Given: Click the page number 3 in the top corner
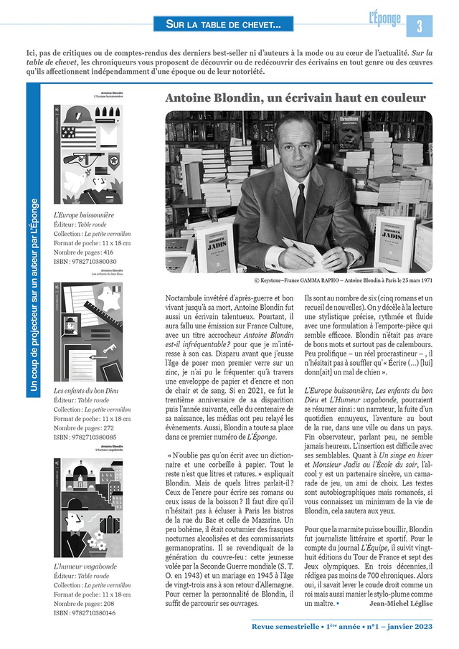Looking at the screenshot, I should pos(420,26).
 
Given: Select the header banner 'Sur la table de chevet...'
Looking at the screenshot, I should pos(224,25).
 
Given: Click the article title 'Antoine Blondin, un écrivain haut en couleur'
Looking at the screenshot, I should pos(295,98).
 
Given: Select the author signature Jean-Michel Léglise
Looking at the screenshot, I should pos(400,603).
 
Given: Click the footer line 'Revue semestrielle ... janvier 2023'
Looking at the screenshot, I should pos(341,627).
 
